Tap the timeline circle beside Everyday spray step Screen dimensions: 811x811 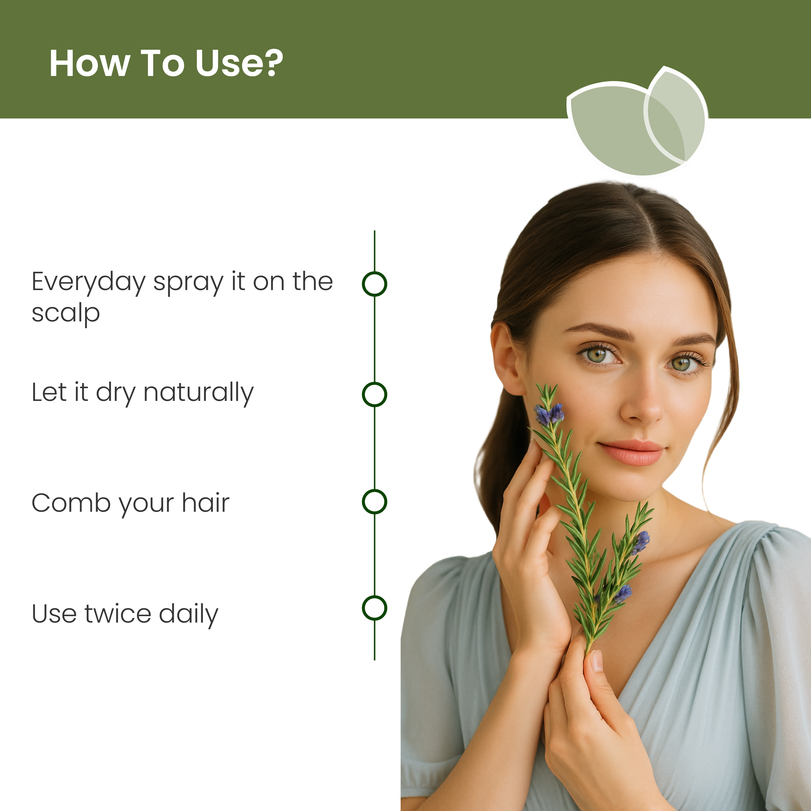click(x=374, y=284)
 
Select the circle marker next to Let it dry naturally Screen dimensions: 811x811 click(x=374, y=394)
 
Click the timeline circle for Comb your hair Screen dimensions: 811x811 click(x=374, y=502)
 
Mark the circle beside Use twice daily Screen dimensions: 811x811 click(x=374, y=608)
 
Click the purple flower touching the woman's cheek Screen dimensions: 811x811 click(x=550, y=415)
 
